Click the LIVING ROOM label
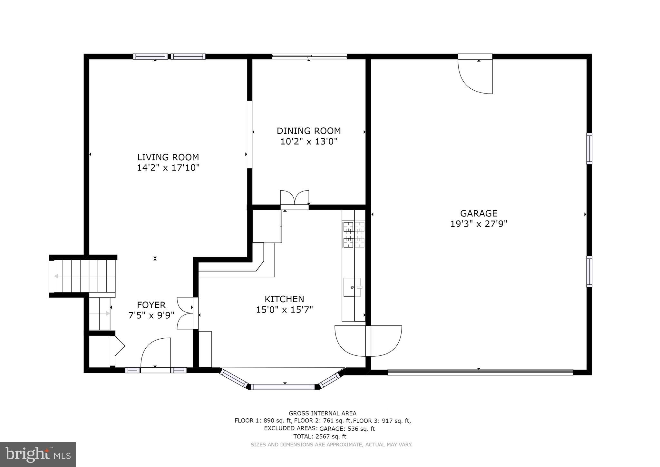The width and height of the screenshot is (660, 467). click(x=168, y=157)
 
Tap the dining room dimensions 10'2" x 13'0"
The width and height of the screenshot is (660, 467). click(x=309, y=142)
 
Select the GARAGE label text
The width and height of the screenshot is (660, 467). click(x=479, y=214)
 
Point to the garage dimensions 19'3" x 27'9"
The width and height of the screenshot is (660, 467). click(x=479, y=224)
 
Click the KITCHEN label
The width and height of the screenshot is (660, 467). click(x=284, y=299)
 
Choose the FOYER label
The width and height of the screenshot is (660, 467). click(x=151, y=305)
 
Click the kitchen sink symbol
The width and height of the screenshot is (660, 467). click(x=352, y=287)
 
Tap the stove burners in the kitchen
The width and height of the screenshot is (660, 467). click(x=354, y=234)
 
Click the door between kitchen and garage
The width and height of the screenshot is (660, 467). click(x=368, y=341)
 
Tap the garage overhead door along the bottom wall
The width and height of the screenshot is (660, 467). click(x=480, y=372)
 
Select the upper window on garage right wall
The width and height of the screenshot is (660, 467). click(x=589, y=149)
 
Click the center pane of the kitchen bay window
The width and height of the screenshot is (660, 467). click(x=283, y=387)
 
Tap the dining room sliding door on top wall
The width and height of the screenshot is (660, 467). click(x=309, y=57)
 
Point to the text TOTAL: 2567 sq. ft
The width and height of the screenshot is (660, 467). click(x=320, y=436)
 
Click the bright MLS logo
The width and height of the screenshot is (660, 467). click(x=38, y=454)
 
